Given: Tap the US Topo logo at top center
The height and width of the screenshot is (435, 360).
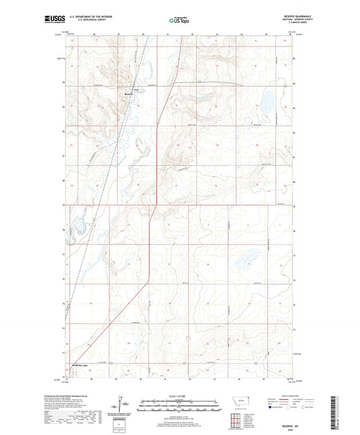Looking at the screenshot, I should [179, 20].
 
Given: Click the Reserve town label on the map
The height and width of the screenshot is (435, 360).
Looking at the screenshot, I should [129, 94].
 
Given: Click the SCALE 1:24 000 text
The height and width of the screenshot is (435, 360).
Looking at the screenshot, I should [179, 394].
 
